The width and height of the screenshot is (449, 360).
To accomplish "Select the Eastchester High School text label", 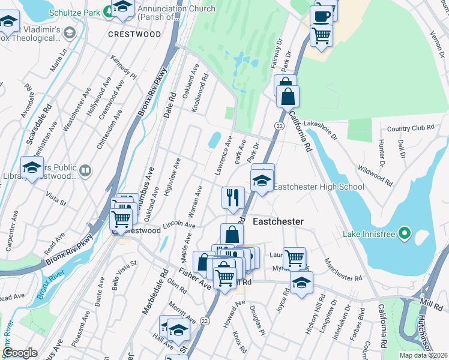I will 319,187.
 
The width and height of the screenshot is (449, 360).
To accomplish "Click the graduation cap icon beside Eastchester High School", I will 262,180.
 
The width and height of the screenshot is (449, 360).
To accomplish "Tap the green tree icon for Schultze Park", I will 107,10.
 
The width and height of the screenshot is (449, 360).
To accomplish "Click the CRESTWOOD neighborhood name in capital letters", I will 134,34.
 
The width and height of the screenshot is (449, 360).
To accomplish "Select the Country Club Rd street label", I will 410,128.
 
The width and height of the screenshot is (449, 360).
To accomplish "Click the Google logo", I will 20,353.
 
